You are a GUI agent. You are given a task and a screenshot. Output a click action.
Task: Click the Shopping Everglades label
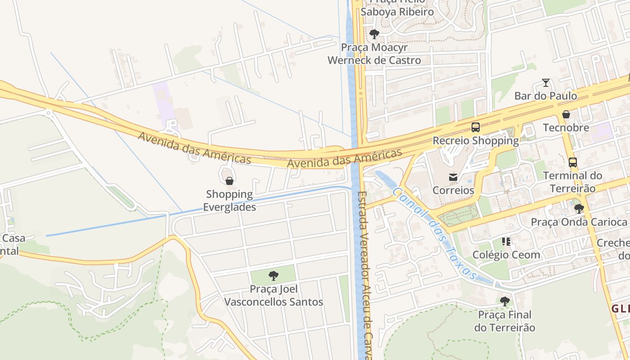coord(229,201)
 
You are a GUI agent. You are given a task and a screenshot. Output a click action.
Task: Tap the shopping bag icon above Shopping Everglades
coord(229,181)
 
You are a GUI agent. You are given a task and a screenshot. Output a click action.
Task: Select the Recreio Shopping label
coord(476,141)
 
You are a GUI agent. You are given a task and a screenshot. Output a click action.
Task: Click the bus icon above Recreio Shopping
coord(476,127)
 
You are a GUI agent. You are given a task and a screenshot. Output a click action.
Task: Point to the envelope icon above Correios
coord(453,177)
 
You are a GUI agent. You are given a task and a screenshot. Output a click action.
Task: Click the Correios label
coord(453,190)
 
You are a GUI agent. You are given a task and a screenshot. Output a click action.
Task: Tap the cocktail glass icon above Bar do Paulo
coord(546,83)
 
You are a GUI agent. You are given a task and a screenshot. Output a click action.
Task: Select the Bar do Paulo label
coord(546,96)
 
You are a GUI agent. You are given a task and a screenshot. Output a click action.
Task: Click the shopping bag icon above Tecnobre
coord(566,114)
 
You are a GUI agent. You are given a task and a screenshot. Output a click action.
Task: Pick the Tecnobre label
coord(566,128)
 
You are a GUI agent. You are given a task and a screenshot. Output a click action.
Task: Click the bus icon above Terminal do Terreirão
coord(572,162)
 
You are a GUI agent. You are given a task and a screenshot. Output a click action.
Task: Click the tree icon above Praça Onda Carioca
coord(579,209)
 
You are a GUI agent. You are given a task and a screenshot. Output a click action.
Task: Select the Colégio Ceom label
coord(507,255)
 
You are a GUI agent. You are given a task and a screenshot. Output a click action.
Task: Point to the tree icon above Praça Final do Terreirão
coord(505,301)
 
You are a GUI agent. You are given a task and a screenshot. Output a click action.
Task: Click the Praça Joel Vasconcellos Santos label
coord(274,295)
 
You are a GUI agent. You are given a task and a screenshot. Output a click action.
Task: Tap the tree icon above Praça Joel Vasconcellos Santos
coord(273,276)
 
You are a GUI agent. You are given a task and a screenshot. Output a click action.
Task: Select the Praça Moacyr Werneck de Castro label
coord(374,54)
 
